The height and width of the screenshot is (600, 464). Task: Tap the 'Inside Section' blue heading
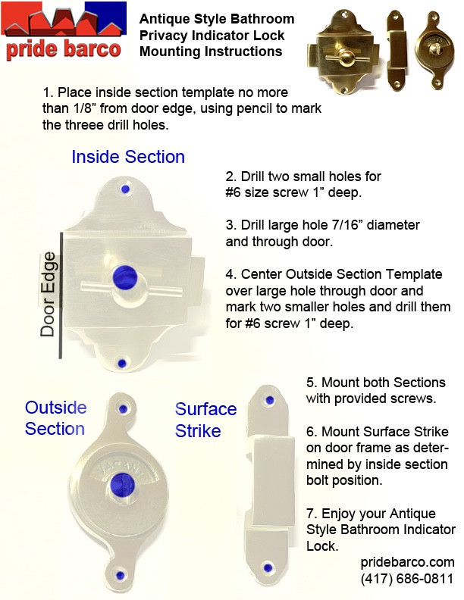point(128,157)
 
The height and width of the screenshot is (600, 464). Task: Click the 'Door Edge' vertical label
point(48,293)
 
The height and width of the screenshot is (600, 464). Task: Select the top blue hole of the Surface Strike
point(268,399)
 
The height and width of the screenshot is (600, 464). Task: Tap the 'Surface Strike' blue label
point(205,420)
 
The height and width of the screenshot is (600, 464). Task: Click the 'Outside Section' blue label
point(55,417)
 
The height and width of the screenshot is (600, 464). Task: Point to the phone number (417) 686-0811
point(408,579)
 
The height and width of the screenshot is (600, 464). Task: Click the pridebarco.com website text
point(407,562)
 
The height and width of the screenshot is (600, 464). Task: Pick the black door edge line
point(61,295)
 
